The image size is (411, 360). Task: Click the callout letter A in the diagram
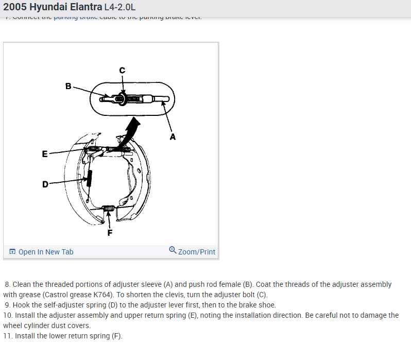click(173, 137)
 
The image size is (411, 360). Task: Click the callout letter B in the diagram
click(68, 86)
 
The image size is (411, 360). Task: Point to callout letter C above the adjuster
click(122, 70)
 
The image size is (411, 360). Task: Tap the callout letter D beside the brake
click(45, 184)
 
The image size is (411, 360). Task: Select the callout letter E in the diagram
click(45, 153)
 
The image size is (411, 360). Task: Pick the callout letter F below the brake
click(109, 232)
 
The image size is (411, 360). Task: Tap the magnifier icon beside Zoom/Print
click(173, 251)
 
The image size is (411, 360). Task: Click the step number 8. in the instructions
click(8, 284)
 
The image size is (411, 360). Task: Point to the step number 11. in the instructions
click(8, 336)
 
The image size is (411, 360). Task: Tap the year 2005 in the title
click(14, 8)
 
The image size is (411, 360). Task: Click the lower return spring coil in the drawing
click(109, 208)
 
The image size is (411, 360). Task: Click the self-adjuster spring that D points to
click(89, 178)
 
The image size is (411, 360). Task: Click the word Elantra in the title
click(83, 8)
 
